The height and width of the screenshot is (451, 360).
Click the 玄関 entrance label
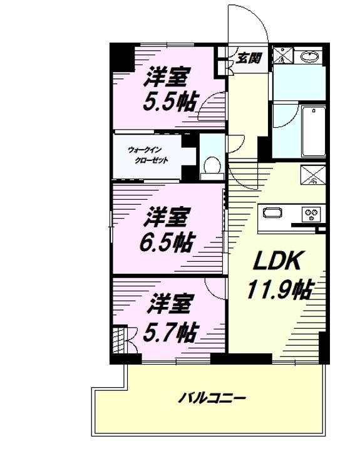249,58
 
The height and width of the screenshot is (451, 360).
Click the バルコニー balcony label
212,398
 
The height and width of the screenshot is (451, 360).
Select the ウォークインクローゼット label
148,155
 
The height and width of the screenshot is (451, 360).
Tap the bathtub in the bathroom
313,131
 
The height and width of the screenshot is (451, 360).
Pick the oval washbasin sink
309,56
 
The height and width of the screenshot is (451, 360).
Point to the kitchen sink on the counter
272,213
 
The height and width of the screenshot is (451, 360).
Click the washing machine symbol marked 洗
282,56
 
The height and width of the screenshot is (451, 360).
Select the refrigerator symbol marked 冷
313,174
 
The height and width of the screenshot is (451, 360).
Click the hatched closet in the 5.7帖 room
120,340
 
